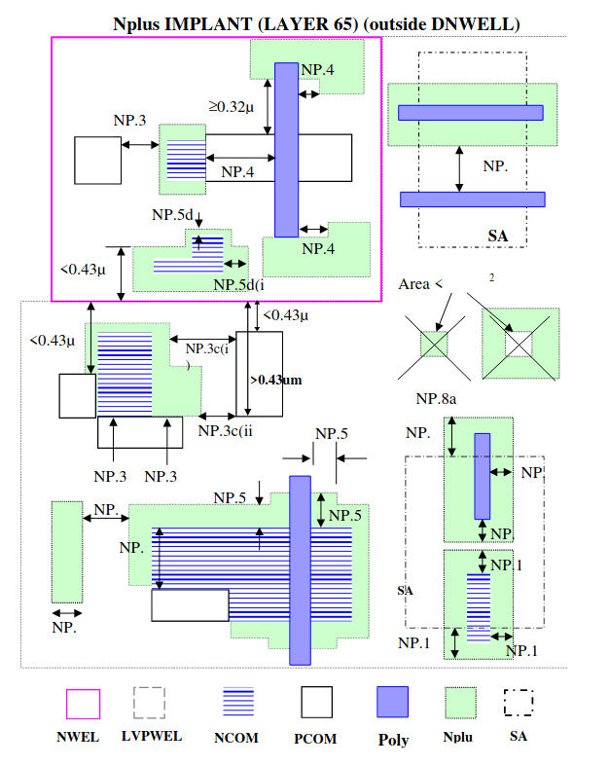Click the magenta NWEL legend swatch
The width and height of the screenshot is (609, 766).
click(83, 704)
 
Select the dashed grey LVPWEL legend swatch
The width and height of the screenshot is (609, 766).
click(150, 703)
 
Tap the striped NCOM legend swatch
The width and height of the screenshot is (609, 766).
click(238, 702)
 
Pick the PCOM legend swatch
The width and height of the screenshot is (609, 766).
click(316, 702)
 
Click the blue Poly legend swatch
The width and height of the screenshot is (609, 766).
click(392, 702)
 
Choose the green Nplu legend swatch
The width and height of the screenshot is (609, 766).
click(460, 703)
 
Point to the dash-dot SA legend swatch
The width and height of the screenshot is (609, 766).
click(519, 703)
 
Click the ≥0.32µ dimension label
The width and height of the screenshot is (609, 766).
click(232, 106)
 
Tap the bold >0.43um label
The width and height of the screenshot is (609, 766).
click(276, 380)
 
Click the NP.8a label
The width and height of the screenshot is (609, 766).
click(436, 399)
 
